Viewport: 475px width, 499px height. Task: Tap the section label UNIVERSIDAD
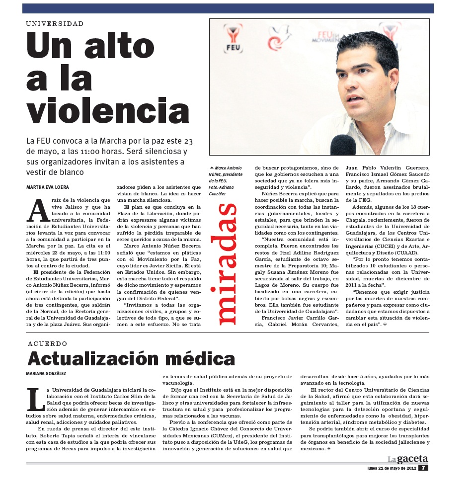[x=55, y=23]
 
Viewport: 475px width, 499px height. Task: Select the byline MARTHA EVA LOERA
[x=48, y=187]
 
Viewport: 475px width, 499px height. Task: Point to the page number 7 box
[x=422, y=467]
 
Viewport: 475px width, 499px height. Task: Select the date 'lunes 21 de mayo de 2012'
[x=391, y=468]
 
